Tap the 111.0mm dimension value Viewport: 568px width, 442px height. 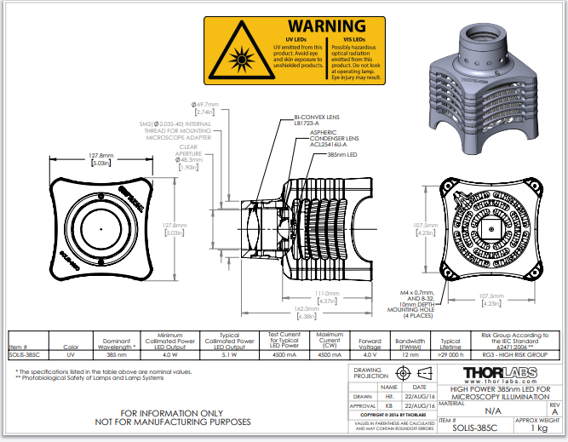pos(329,296)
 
